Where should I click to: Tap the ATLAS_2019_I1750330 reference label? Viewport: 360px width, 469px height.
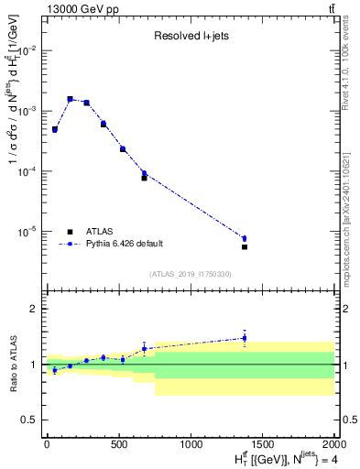point(191,274)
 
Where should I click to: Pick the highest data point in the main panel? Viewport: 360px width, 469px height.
point(70,99)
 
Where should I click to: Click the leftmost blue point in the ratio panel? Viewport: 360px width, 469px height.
point(55,370)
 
